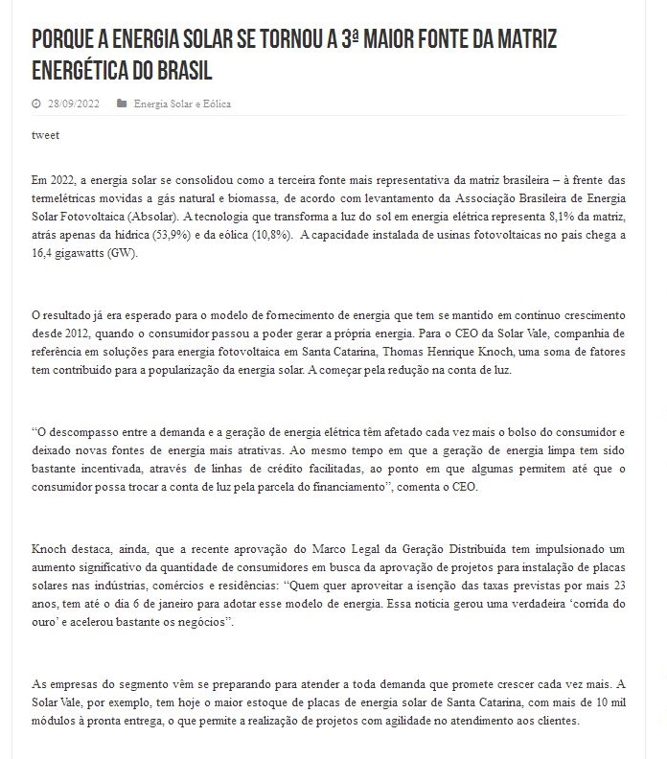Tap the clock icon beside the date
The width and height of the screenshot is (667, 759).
click(x=36, y=103)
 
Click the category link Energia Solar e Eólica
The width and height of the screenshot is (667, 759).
click(x=182, y=103)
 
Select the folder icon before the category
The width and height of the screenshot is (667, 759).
click(x=121, y=103)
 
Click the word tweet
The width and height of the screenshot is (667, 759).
click(x=45, y=135)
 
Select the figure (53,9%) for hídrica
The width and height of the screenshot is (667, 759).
click(x=160, y=235)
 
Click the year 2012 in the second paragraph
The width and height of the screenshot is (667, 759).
click(x=84, y=333)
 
